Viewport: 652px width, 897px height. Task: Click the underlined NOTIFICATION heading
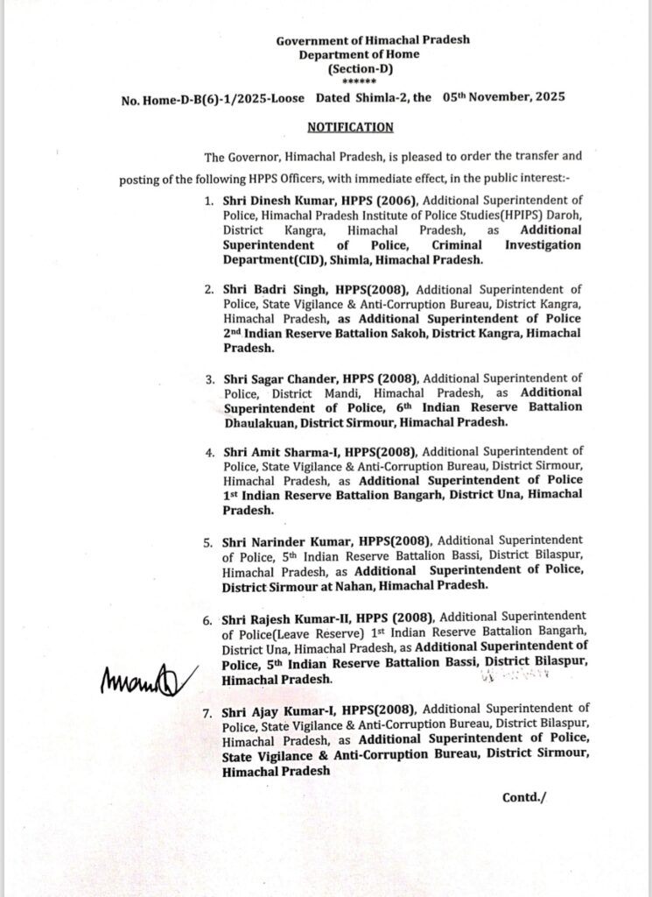pyautogui.click(x=350, y=127)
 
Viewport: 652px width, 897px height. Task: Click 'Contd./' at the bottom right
pyautogui.click(x=523, y=798)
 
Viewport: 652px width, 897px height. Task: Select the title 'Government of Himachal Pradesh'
pyautogui.click(x=348, y=41)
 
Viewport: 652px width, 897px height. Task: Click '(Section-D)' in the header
pyautogui.click(x=348, y=67)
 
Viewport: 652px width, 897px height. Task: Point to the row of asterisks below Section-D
pyautogui.click(x=348, y=81)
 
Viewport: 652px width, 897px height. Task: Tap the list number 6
pyautogui.click(x=207, y=621)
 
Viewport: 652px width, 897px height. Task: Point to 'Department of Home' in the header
pyautogui.click(x=348, y=54)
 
